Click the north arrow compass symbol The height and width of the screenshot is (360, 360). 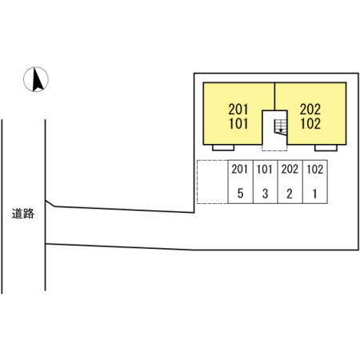[x=36, y=79]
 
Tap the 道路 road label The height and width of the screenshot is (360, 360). [x=23, y=214]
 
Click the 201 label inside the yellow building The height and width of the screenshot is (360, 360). [x=238, y=110]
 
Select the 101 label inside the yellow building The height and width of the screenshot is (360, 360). [x=238, y=124]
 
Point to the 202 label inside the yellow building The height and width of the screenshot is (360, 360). [x=310, y=110]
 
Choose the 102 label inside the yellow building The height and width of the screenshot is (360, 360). [x=310, y=124]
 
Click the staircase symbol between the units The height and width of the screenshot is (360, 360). [x=281, y=127]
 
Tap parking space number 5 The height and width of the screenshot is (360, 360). [x=240, y=194]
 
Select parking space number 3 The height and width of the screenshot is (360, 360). [x=265, y=194]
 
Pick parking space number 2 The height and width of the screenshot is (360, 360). [x=290, y=194]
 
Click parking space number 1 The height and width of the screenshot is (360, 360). [x=315, y=194]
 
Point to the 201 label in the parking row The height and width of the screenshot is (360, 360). [x=240, y=169]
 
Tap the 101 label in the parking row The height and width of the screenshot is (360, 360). [x=265, y=170]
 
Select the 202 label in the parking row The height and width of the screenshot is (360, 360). [x=290, y=170]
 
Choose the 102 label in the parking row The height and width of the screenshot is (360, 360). [x=315, y=170]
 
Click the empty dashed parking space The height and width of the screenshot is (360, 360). [x=213, y=182]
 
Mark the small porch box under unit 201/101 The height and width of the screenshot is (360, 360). [x=223, y=148]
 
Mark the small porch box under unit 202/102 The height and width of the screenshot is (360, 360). [x=326, y=148]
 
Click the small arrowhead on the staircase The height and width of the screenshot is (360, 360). [x=281, y=130]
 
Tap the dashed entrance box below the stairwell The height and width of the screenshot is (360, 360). [x=274, y=148]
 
